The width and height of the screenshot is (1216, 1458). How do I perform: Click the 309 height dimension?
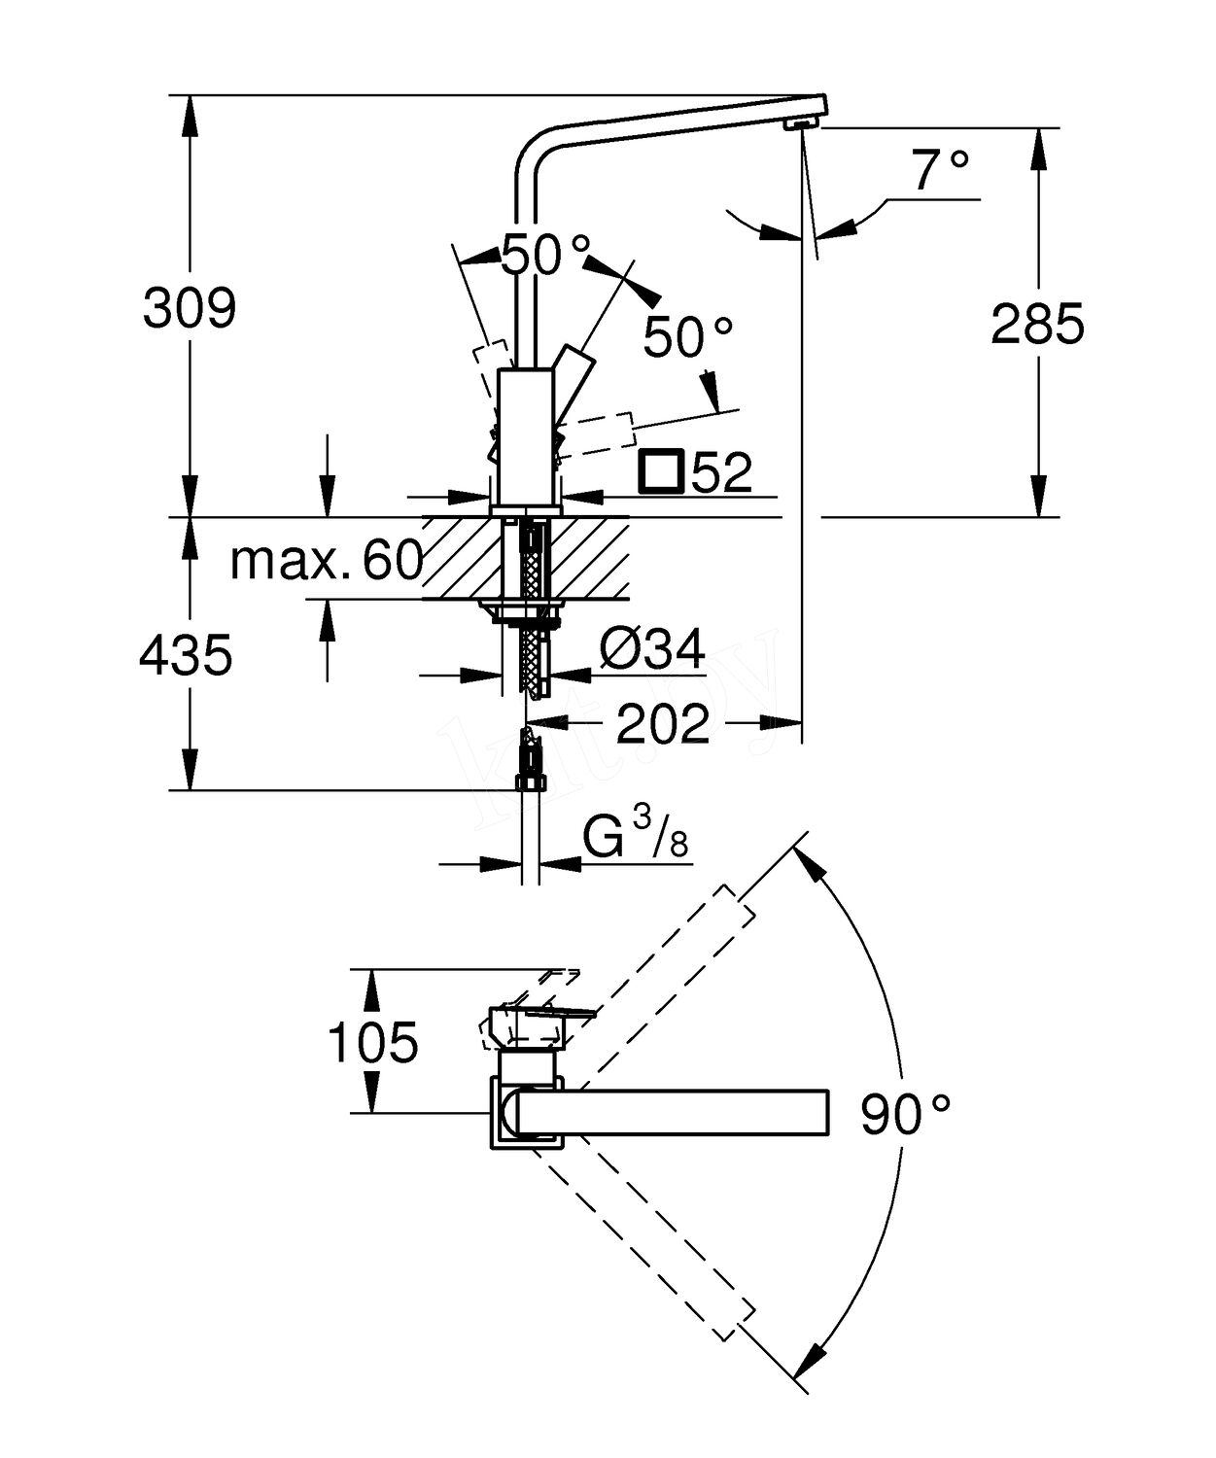coord(190,307)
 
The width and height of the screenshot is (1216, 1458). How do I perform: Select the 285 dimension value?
coord(1038,324)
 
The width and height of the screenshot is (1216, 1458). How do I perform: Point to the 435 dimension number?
coord(186,655)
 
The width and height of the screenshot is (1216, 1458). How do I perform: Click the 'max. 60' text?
coord(327,561)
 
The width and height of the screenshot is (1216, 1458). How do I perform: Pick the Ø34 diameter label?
coord(651,650)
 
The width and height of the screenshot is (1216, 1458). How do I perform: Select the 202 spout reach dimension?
coord(662,723)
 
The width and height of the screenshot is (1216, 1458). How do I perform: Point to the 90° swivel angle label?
coord(905,1115)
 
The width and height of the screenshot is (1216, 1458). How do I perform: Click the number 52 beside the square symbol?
coord(721,472)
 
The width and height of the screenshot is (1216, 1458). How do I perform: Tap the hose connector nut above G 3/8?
coord(529,782)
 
